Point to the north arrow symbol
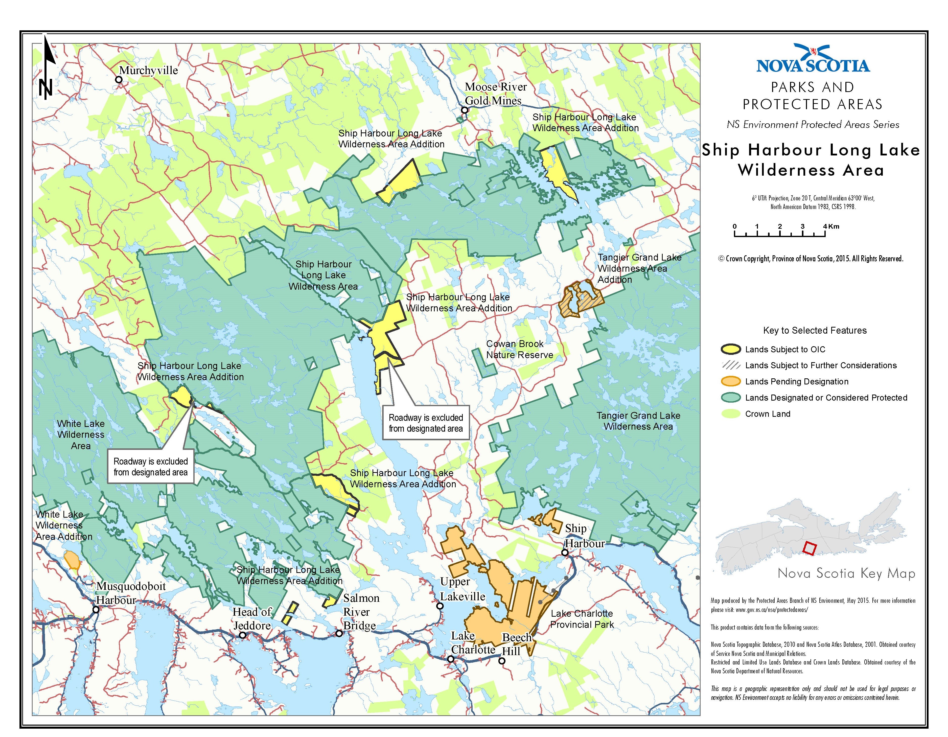pyautogui.click(x=47, y=67)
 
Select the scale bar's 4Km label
pyautogui.click(x=831, y=226)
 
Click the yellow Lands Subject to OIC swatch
pyautogui.click(x=731, y=349)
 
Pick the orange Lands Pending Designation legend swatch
pyautogui.click(x=731, y=382)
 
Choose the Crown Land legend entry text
pyautogui.click(x=768, y=414)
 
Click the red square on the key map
pyautogui.click(x=809, y=548)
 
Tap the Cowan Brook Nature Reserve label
pyautogui.click(x=519, y=349)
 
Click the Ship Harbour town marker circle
pyautogui.click(x=565, y=552)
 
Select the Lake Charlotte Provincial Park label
pyautogui.click(x=582, y=619)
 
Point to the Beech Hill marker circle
pyautogui.click(x=502, y=661)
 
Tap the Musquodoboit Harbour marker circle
pyautogui.click(x=96, y=609)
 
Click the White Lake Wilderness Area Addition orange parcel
pyautogui.click(x=72, y=560)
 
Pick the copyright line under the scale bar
pyautogui.click(x=811, y=259)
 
